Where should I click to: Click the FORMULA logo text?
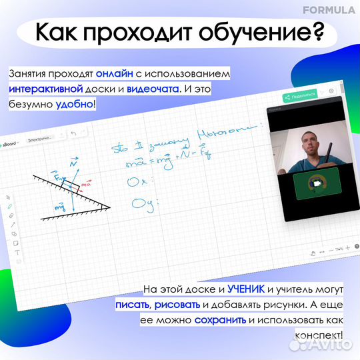pyautogui.click(x=329, y=10)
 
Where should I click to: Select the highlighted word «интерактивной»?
pyautogui.click(x=46, y=89)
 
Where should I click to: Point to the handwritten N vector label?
pyautogui.click(x=72, y=162)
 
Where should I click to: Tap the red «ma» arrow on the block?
pyautogui.click(x=85, y=182)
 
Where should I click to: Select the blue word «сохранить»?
pyautogui.click(x=220, y=321)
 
